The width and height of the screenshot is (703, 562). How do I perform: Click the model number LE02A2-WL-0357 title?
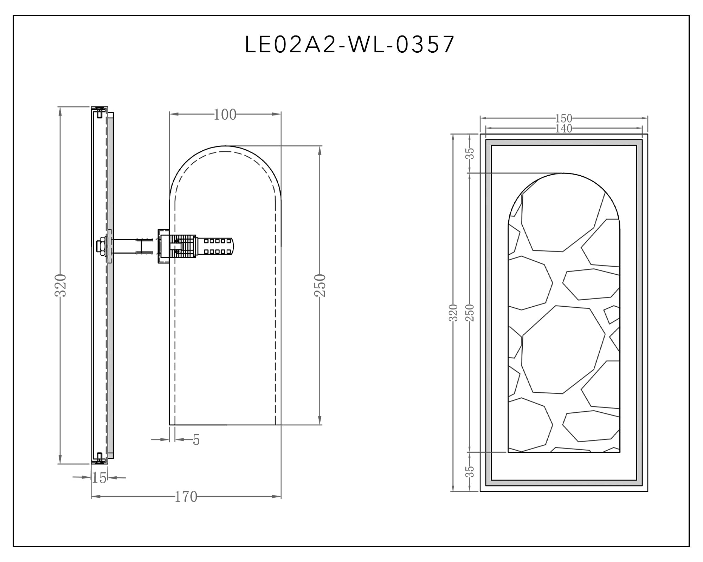350,45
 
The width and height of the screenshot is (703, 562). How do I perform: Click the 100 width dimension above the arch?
225,115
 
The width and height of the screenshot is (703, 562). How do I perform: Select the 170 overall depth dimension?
186,497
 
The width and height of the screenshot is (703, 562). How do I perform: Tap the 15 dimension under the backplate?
99,478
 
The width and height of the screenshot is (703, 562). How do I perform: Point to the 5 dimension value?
196,440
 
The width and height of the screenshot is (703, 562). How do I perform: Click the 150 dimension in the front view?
564,118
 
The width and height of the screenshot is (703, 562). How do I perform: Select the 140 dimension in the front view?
564,129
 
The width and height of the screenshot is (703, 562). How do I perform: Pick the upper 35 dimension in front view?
470,153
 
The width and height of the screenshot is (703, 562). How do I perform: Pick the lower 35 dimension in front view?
470,472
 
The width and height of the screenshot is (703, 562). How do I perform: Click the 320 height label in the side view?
61,285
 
